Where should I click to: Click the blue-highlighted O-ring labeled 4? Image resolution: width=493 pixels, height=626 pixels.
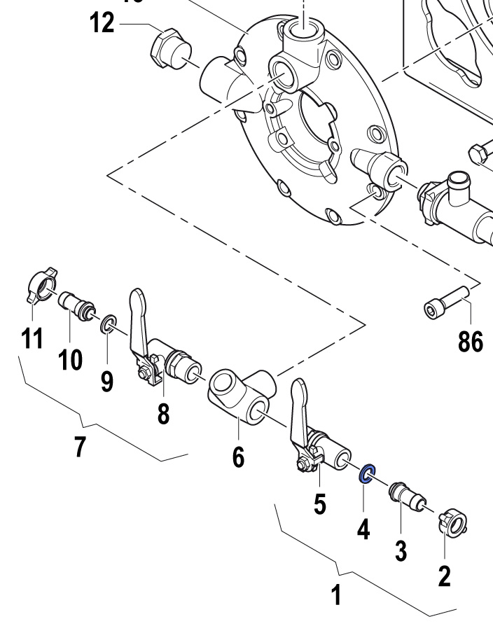click(367, 474)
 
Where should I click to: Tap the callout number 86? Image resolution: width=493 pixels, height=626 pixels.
click(471, 342)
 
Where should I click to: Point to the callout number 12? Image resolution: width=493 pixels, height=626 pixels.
click(102, 23)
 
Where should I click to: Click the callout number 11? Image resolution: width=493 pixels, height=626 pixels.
click(32, 339)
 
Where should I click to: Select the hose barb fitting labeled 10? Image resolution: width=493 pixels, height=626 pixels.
click(74, 305)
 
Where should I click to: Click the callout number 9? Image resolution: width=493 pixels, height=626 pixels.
click(106, 381)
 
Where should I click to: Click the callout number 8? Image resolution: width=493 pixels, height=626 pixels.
click(163, 414)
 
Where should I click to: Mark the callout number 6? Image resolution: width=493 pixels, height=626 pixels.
click(238, 457)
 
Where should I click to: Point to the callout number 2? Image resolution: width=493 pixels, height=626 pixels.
click(445, 576)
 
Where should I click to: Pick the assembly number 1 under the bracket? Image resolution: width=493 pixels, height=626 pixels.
click(337, 596)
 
